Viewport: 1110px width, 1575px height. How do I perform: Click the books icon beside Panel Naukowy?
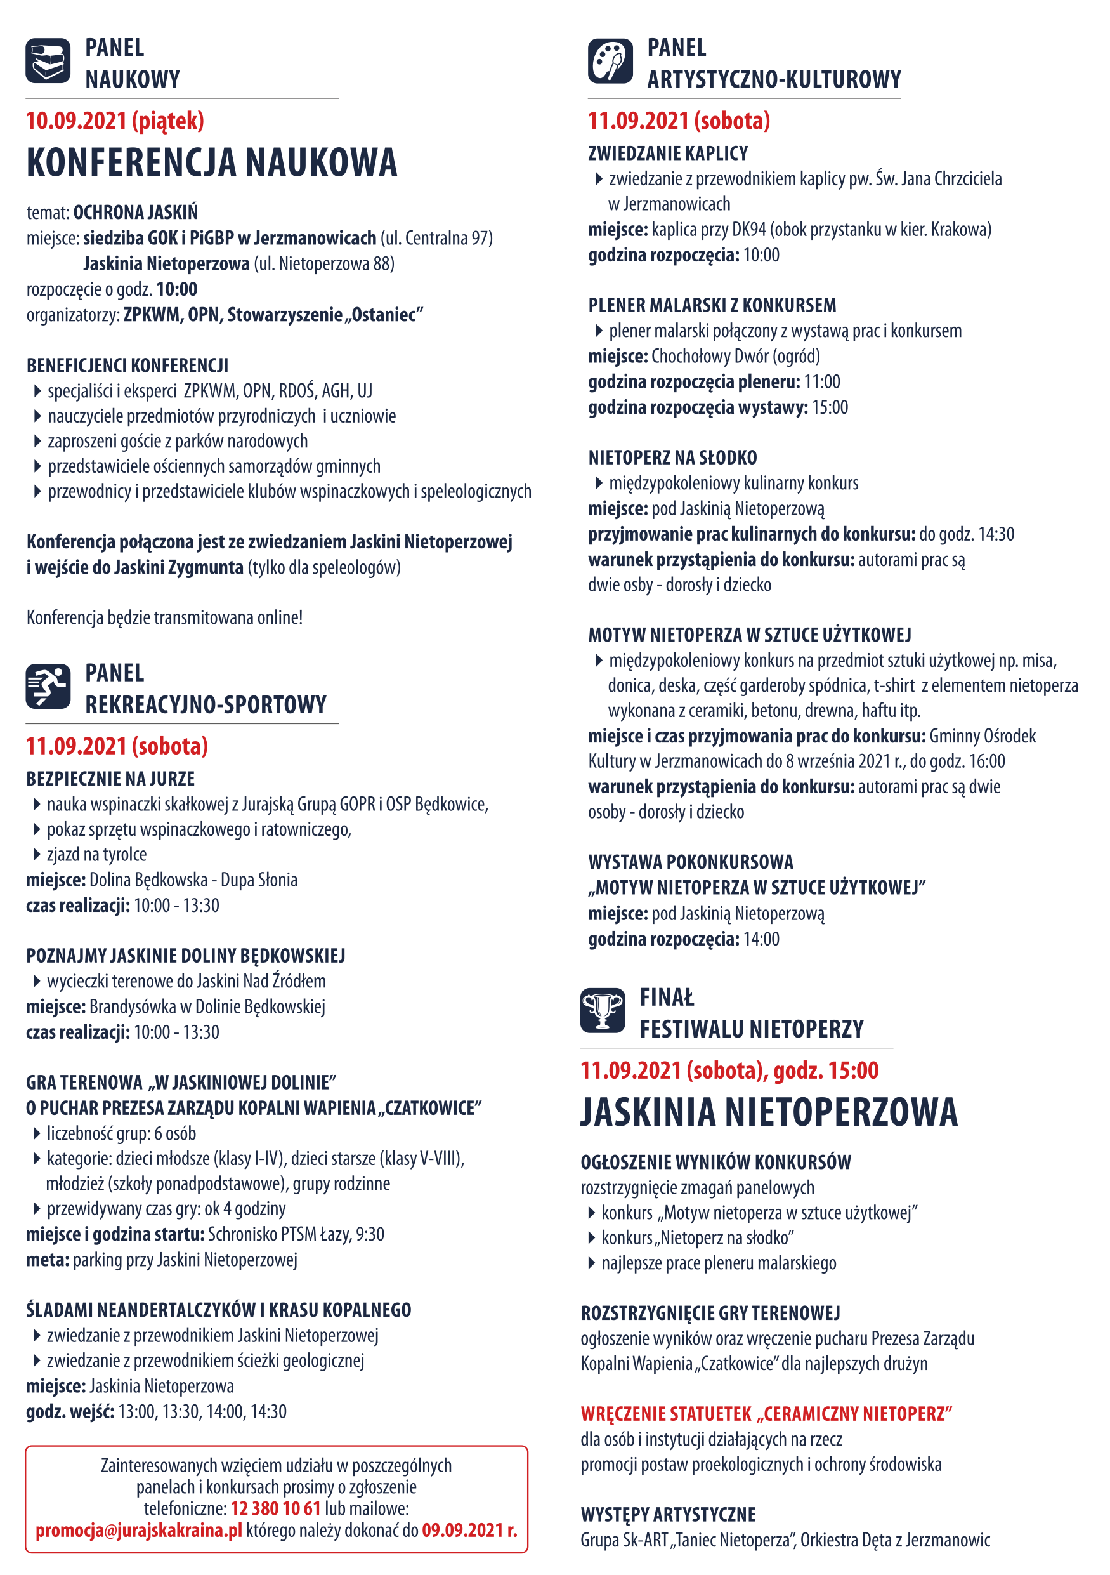pyautogui.click(x=48, y=60)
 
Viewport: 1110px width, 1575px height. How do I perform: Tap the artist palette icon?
pyautogui.click(x=610, y=61)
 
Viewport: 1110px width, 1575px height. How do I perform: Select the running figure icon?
pyautogui.click(x=48, y=685)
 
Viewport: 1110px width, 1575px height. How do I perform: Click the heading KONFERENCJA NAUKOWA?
pyautogui.click(x=211, y=162)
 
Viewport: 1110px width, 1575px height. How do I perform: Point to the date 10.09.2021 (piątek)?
pyautogui.click(x=115, y=121)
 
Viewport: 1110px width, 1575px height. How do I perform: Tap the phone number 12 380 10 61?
pyautogui.click(x=276, y=1508)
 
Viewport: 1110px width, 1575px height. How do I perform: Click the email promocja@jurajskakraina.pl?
pyautogui.click(x=138, y=1530)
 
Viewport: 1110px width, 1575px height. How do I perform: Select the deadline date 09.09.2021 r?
pyautogui.click(x=469, y=1530)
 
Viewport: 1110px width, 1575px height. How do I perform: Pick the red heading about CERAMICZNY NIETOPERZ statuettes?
pyautogui.click(x=766, y=1414)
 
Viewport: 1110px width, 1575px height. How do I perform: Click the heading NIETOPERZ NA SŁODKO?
pyautogui.click(x=672, y=458)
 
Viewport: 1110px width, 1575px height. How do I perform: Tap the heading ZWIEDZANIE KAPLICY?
pyautogui.click(x=668, y=153)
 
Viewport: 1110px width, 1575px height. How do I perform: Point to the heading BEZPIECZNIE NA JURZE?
pyautogui.click(x=110, y=779)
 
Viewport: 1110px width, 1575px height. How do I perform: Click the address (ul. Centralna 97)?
pyautogui.click(x=436, y=238)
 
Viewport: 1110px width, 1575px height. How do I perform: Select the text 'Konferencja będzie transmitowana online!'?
pyautogui.click(x=164, y=617)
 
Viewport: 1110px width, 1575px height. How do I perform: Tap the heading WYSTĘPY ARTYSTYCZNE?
pyautogui.click(x=668, y=1514)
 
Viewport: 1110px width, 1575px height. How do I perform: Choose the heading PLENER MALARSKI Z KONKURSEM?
pyautogui.click(x=712, y=305)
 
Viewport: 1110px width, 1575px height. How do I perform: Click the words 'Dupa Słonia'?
pyautogui.click(x=259, y=880)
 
